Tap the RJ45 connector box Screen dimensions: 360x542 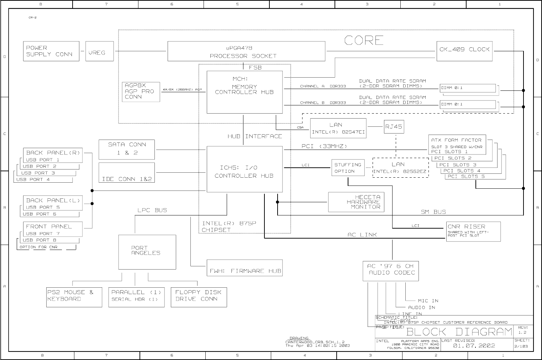(x=393, y=127)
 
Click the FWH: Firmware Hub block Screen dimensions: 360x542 (x=245, y=268)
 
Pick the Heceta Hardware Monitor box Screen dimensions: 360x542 (x=356, y=202)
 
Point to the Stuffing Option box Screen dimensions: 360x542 (x=348, y=168)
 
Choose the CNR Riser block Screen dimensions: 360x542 (x=473, y=231)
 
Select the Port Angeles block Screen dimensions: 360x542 (x=147, y=252)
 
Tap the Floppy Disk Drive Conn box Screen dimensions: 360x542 (x=199, y=297)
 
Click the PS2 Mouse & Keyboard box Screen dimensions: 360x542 (x=74, y=297)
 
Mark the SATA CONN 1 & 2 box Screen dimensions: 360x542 (x=127, y=149)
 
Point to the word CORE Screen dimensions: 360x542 (x=364, y=41)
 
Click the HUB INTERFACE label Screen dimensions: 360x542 (x=255, y=136)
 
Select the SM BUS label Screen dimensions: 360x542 (x=433, y=212)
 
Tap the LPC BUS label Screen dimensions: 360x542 (x=152, y=210)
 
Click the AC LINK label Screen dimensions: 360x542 (x=362, y=235)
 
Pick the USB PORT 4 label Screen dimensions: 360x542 (x=33, y=179)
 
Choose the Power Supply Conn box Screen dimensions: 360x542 (x=51, y=51)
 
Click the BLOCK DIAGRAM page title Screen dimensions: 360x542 (x=459, y=332)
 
